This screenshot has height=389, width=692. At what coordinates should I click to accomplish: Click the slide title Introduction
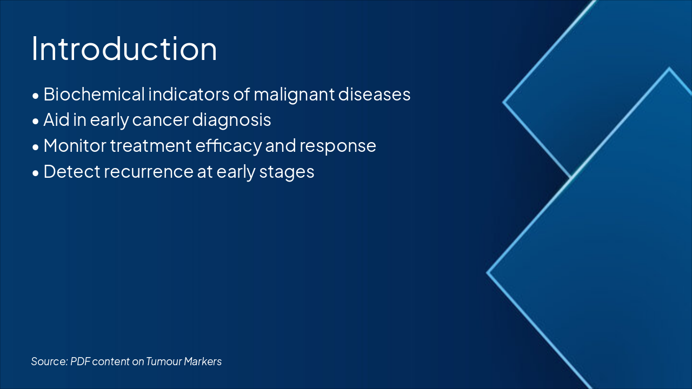(124, 49)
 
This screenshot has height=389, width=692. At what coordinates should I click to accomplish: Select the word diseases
(374, 94)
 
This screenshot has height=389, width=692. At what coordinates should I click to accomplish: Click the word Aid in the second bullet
(56, 120)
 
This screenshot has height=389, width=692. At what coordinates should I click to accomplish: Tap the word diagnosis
(232, 120)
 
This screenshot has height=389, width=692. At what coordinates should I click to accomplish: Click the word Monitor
(75, 146)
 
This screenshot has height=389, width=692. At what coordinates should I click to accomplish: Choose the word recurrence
(149, 172)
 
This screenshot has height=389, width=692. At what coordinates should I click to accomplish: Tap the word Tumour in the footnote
(164, 361)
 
